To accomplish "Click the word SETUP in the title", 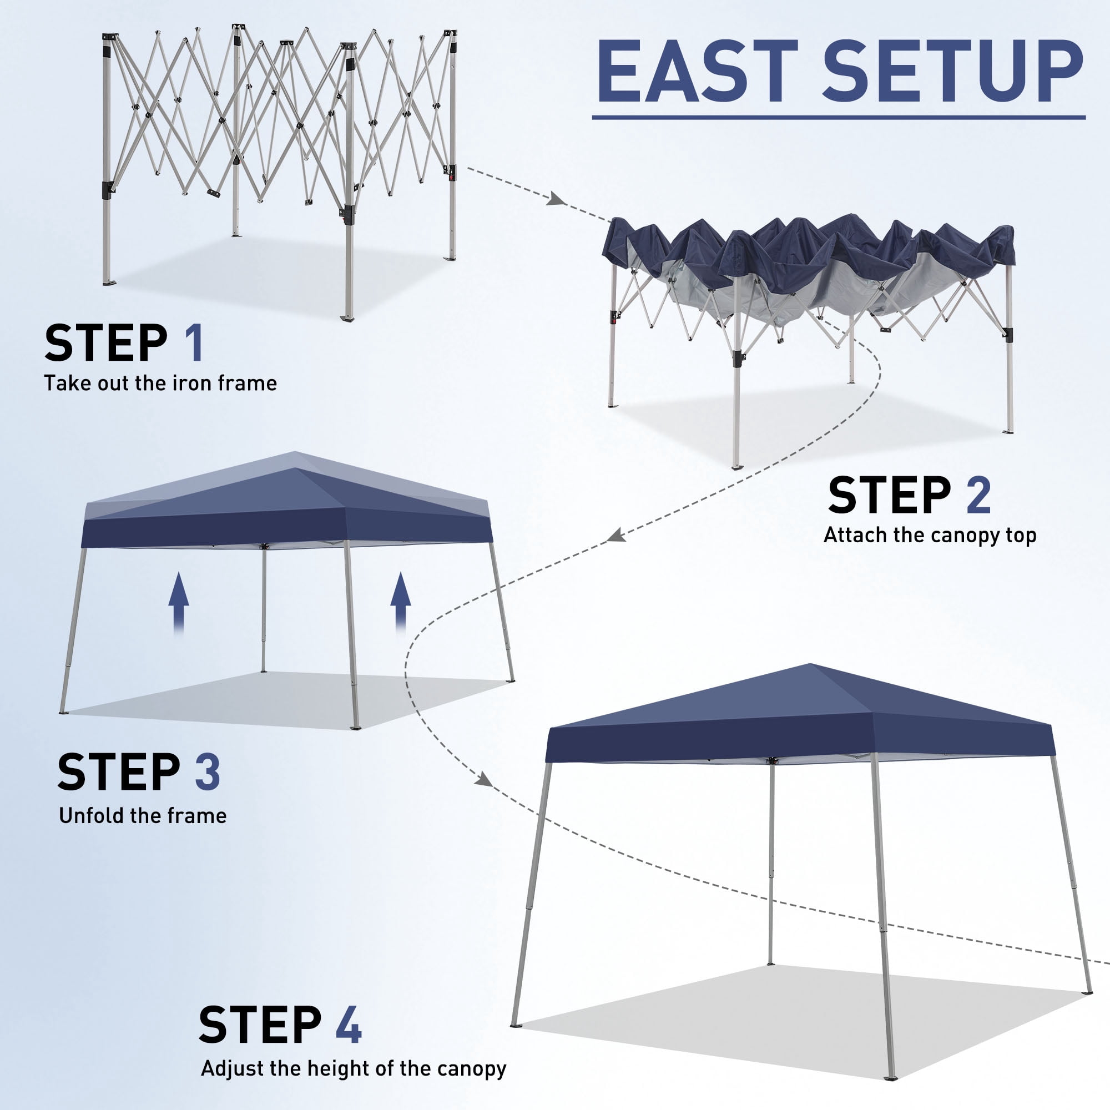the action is tap(953, 72).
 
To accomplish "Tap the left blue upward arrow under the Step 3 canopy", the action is tap(179, 603).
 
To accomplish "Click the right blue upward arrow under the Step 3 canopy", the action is tap(401, 603).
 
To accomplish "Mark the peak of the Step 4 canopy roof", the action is tap(810, 664).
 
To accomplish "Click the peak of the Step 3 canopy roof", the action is tap(295, 452).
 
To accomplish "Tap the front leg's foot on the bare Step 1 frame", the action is tap(347, 317).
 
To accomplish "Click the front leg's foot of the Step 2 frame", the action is tap(736, 466).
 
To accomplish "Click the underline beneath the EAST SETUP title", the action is tap(839, 117).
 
